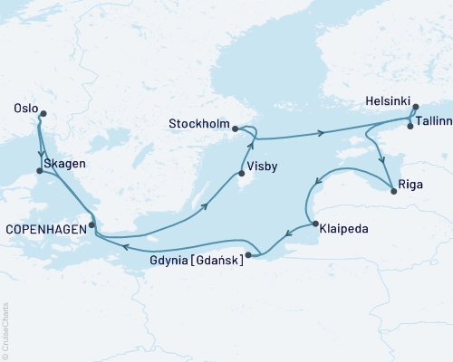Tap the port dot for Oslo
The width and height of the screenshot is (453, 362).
pyautogui.click(x=42, y=113)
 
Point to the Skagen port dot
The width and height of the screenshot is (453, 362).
pyautogui.click(x=38, y=170)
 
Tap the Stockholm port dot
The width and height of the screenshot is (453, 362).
pyautogui.click(x=235, y=129)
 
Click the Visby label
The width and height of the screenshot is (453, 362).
pyautogui.click(x=264, y=166)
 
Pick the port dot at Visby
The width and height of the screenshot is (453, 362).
pyautogui.click(x=240, y=175)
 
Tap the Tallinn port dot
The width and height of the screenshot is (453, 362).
pyautogui.click(x=410, y=126)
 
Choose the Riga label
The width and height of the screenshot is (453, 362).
pyautogui.click(x=410, y=191)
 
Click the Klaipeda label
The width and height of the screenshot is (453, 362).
pyautogui.click(x=343, y=230)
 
